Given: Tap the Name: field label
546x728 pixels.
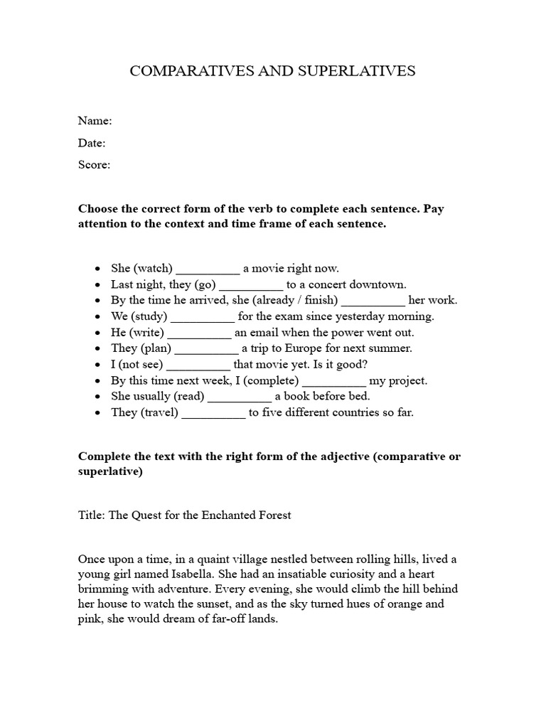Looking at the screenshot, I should [95, 121].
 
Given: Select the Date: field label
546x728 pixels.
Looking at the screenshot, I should [92, 143].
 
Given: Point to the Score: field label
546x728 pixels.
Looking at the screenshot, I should [94, 165].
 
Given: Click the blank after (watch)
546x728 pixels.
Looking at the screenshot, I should [208, 269].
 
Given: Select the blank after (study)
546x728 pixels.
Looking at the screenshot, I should [203, 317].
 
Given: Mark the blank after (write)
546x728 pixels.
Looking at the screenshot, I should [199, 333].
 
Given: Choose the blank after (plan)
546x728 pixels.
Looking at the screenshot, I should [206, 349].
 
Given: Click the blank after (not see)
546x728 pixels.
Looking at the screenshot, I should [198, 365].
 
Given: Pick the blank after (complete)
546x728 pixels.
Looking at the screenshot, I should [334, 381].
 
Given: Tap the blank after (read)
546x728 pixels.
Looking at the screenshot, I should [240, 397].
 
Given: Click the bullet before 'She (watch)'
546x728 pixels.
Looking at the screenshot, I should [97, 269].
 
